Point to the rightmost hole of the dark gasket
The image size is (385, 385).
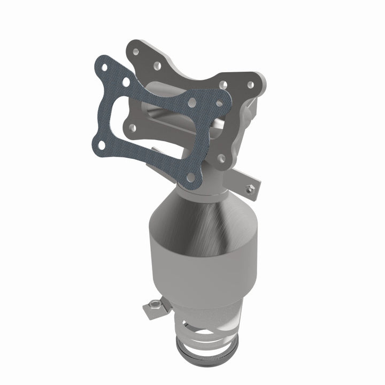pos(219,102)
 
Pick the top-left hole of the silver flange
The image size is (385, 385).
pos(137,51)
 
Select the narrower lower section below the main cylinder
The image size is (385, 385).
pos(214,310)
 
